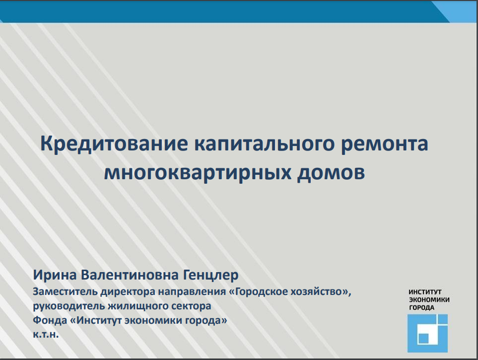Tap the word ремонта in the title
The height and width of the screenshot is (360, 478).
tap(384, 144)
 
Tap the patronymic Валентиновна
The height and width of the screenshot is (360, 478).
tap(130, 275)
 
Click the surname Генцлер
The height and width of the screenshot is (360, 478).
tap(210, 275)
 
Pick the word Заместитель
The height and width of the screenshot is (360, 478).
tap(65, 291)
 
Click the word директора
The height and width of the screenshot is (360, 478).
tap(128, 292)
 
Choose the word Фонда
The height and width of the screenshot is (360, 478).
tap(50, 320)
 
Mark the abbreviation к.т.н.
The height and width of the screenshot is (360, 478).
tap(46, 335)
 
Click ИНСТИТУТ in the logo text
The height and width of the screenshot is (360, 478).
tap(425, 292)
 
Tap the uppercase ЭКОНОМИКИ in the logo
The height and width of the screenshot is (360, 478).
tap(429, 299)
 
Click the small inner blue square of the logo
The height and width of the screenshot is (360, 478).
tap(423, 338)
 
